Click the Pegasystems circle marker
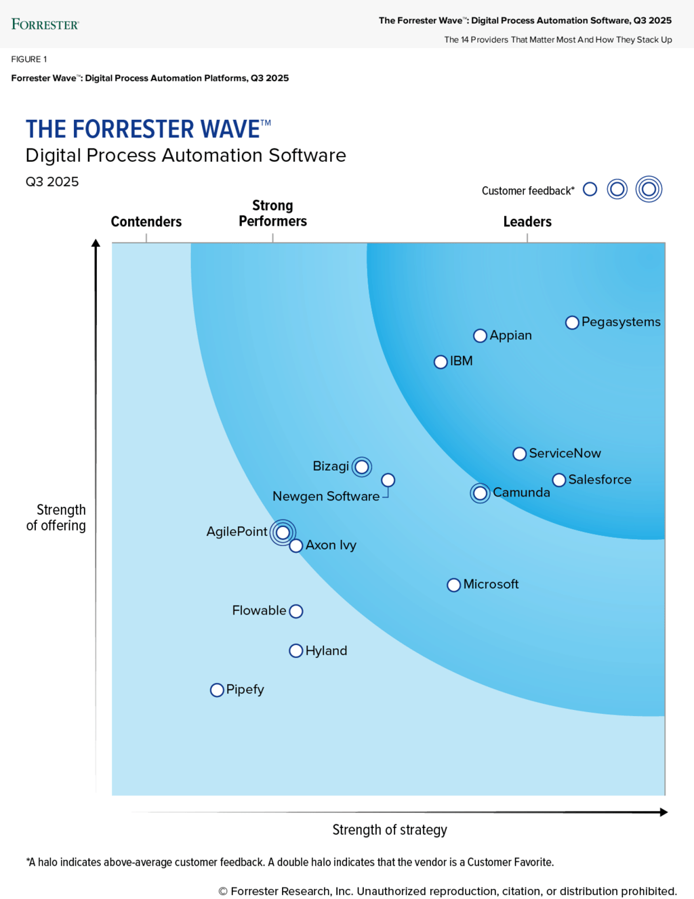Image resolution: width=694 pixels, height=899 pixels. coord(572,322)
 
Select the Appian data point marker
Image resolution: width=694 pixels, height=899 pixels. coord(480,336)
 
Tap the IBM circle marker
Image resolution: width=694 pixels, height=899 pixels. coord(441,362)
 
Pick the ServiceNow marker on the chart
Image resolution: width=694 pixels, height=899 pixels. coord(519,454)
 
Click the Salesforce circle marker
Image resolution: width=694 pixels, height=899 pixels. coord(559,480)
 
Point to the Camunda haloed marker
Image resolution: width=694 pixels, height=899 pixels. coord(480,493)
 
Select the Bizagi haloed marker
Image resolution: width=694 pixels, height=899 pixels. coord(362,467)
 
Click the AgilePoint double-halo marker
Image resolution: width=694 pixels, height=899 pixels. coord(283,532)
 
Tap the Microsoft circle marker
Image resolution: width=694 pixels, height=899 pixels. coord(454,585)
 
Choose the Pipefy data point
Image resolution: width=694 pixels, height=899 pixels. coord(217,690)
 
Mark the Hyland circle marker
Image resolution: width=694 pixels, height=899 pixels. coord(295,651)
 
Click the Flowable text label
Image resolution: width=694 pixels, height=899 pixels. coord(259,610)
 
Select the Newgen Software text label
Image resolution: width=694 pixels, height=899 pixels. coord(326,497)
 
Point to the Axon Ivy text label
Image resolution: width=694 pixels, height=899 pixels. coord(331,545)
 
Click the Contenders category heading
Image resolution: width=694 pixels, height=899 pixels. coord(146,222)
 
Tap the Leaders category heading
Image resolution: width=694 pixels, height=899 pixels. coord(527,222)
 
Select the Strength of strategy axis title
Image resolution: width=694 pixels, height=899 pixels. coord(390,830)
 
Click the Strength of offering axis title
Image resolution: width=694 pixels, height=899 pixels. coord(57,518)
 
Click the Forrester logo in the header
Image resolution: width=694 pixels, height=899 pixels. coord(45,24)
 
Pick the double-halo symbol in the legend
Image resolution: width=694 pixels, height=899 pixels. coord(649,190)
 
